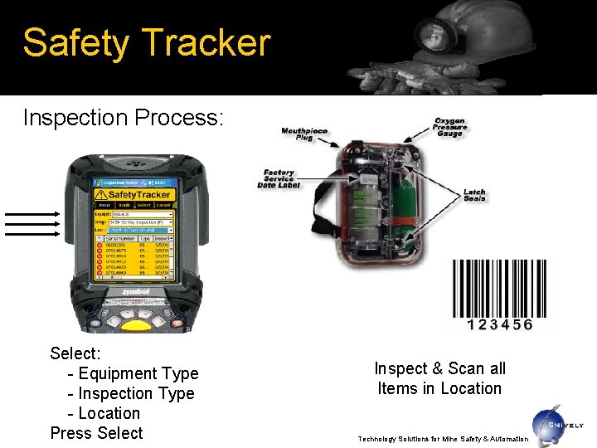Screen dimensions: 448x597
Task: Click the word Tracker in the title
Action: pyautogui.click(x=207, y=43)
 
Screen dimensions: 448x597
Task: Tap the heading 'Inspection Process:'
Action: pyautogui.click(x=123, y=118)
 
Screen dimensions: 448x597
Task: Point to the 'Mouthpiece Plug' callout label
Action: pyautogui.click(x=304, y=134)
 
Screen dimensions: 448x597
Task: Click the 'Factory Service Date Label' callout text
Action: pyautogui.click(x=279, y=178)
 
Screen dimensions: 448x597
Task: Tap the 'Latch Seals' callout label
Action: pyautogui.click(x=474, y=195)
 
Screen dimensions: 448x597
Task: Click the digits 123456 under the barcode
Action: pyautogui.click(x=499, y=325)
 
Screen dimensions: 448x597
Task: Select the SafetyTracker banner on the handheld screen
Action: pyautogui.click(x=133, y=194)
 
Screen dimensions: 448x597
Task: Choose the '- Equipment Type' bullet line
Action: pyautogui.click(x=133, y=373)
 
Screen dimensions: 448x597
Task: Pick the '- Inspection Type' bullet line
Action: pyautogui.click(x=131, y=393)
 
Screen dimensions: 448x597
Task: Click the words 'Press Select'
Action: pyautogui.click(x=96, y=433)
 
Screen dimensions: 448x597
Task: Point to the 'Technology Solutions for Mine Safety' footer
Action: pyautogui.click(x=442, y=438)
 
